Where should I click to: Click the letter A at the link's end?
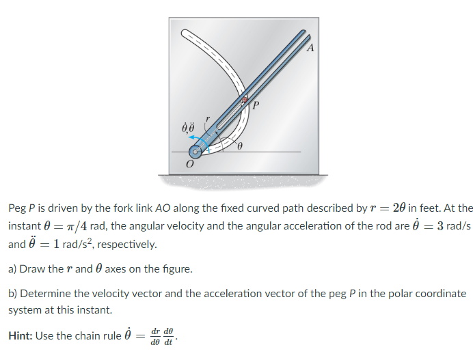310,48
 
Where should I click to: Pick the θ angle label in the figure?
240,147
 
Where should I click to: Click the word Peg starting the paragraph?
17,208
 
